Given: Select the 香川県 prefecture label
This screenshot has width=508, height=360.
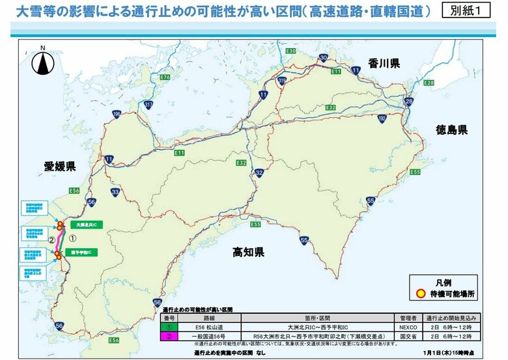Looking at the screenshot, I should tap(384, 63).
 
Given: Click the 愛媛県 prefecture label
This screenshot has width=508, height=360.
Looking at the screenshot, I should tap(60, 167).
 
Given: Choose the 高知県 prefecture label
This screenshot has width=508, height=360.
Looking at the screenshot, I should tap(248, 253).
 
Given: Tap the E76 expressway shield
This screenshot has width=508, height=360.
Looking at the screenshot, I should tap(164, 77).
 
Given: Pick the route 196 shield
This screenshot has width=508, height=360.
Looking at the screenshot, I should tap(117, 115).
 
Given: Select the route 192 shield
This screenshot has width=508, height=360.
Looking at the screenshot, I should tap(382, 118).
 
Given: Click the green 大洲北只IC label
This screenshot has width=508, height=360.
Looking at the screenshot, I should tap(86, 225).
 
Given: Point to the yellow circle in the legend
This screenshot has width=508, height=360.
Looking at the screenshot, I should tap(420, 294).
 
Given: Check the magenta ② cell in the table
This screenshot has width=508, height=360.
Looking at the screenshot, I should tap(169, 336).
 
